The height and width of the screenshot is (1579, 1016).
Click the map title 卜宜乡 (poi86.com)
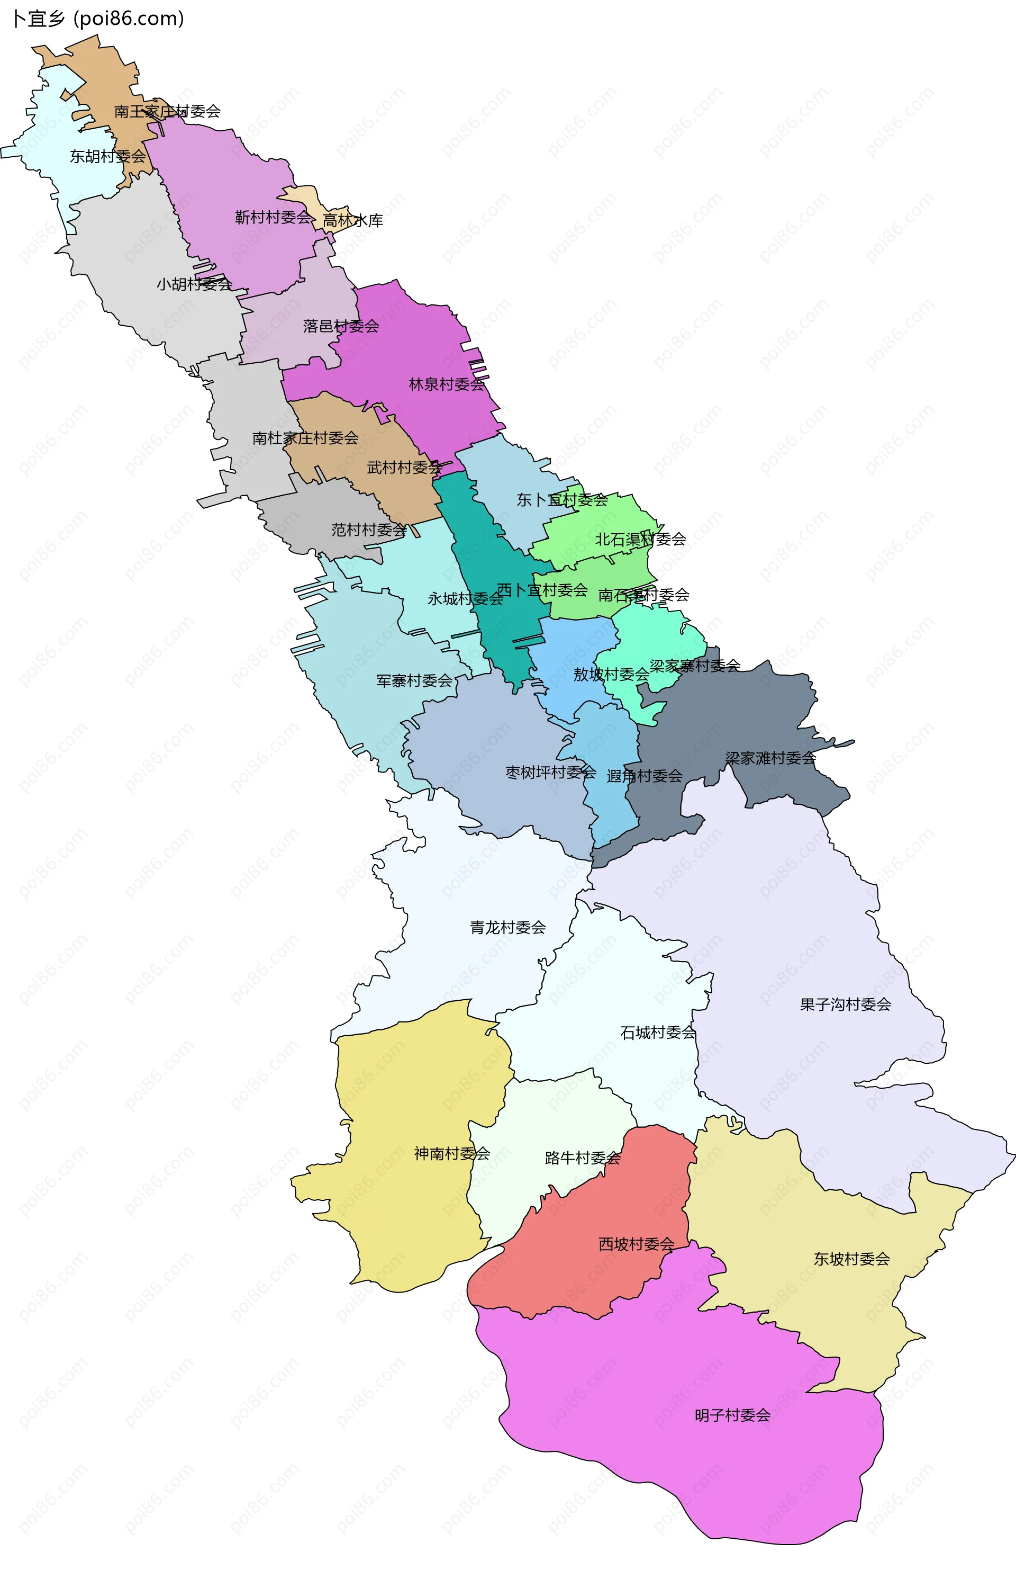pos(98,19)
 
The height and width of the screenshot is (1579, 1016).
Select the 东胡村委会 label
pos(107,156)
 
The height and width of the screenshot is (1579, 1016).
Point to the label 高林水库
pos(353,220)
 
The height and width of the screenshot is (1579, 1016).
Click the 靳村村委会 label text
pos(273,217)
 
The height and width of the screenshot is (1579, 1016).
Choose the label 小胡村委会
pos(194,284)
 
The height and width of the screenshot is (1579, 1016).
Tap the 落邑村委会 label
pos(341,326)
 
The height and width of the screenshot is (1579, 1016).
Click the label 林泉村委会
pos(447,384)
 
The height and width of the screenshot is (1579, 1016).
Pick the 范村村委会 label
pos(369,530)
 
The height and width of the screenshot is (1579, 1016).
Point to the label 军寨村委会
pos(414,680)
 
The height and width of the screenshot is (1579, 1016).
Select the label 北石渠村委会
pos(641,540)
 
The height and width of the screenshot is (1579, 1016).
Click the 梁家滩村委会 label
pos(770,758)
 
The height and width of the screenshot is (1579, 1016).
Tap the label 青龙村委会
pos(507,928)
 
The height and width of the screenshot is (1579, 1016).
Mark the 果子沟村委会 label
pos(845,1004)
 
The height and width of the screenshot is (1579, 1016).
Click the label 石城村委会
pos(658,1033)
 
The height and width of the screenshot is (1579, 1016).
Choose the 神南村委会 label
pos(452,1153)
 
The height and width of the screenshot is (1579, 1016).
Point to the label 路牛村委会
pos(583,1158)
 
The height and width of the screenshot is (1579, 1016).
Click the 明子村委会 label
pos(732,1415)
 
